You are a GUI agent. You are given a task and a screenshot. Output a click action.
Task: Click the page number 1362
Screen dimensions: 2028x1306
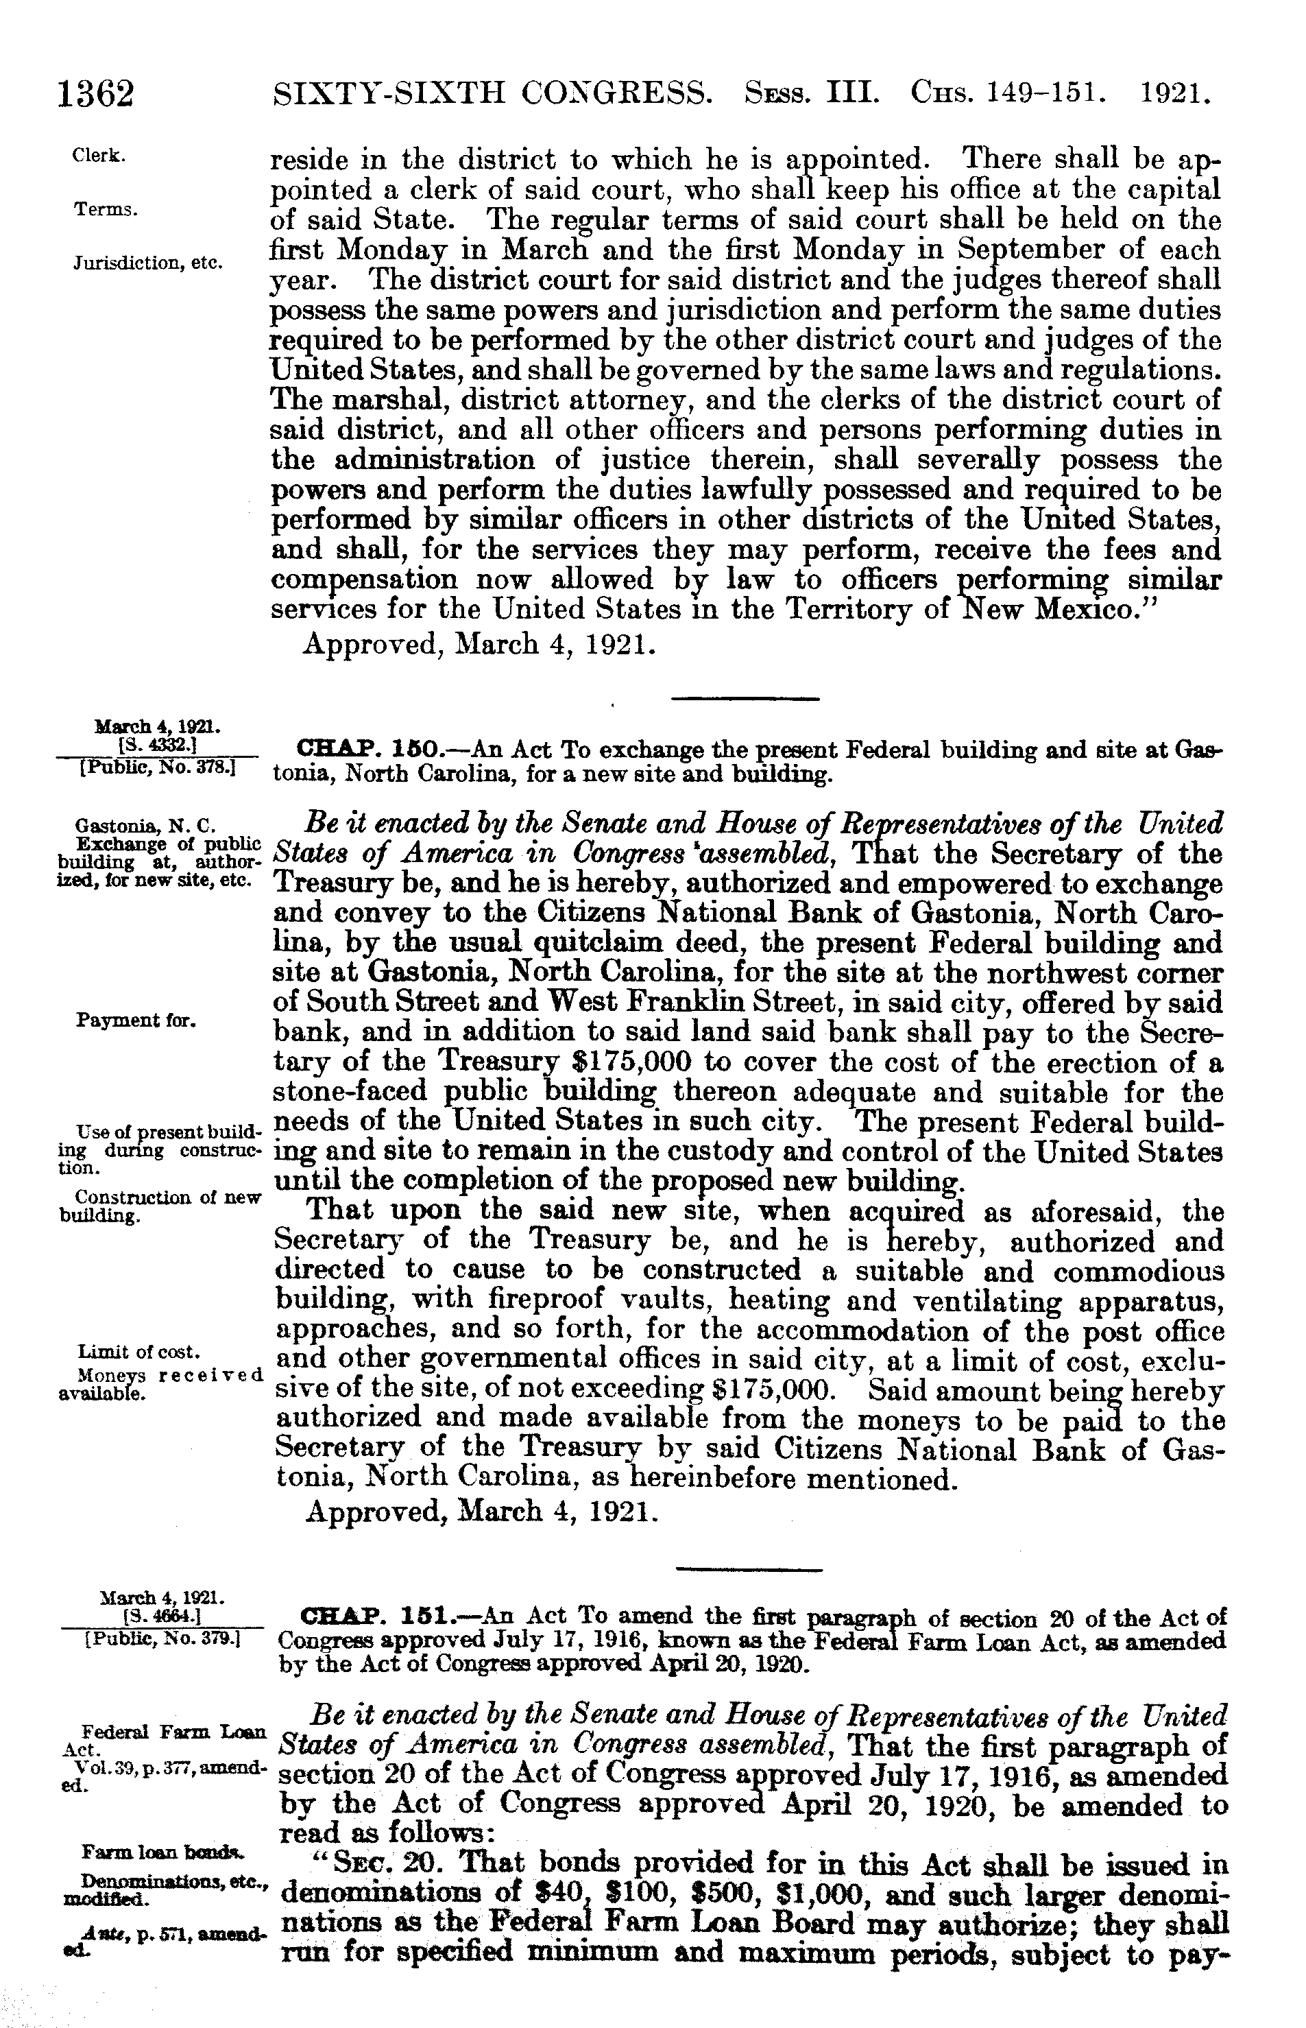tap(96, 94)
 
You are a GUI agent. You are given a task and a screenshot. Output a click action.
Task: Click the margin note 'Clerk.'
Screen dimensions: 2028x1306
tap(100, 157)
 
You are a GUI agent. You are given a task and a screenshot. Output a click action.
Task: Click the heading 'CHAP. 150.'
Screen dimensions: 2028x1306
tap(365, 750)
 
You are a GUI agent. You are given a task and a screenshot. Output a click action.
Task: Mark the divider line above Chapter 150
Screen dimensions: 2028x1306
tap(745, 699)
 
